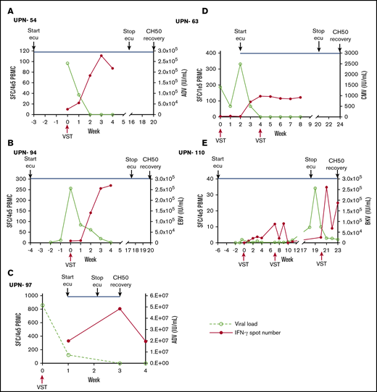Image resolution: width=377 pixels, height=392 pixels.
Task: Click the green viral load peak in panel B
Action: [70, 188]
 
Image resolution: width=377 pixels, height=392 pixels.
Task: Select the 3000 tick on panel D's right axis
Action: [353, 53]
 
